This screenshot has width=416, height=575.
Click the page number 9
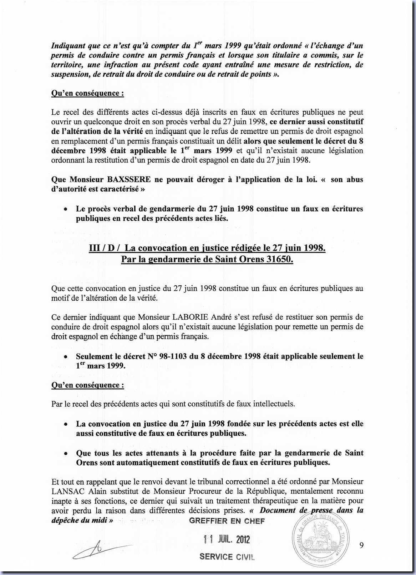[x=362, y=545]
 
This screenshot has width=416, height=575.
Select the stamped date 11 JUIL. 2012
[x=227, y=539]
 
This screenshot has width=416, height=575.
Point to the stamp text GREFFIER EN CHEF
[x=227, y=521]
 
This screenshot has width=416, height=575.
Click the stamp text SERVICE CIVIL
[x=227, y=557]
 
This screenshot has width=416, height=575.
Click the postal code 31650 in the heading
[x=279, y=260]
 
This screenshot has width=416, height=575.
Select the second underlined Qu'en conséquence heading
[x=88, y=385]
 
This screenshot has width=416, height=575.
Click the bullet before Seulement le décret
[x=66, y=357]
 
